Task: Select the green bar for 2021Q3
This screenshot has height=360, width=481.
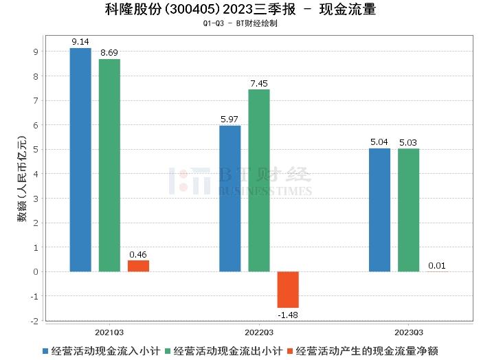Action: [x=109, y=165]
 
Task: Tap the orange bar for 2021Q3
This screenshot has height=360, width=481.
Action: [x=138, y=266]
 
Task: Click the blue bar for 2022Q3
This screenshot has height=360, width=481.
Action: [x=230, y=199]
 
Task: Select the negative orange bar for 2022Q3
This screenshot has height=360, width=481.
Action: [x=288, y=289]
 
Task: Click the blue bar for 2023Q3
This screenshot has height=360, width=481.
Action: [x=379, y=210]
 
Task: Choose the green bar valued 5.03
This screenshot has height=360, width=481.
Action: [x=408, y=210]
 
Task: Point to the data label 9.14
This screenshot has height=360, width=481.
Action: [x=80, y=41]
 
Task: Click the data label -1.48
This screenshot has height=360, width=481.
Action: [x=288, y=315]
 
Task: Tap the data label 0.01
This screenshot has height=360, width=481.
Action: [x=437, y=265]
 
